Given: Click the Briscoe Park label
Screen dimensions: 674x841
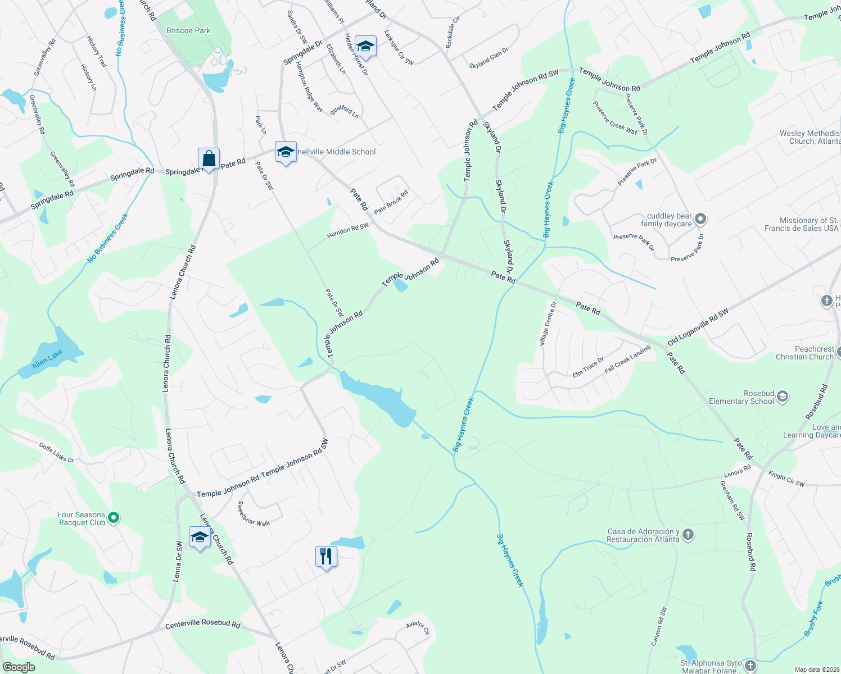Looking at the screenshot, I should click(x=188, y=30).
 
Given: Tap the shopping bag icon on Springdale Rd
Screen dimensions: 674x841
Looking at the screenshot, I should click(x=209, y=158).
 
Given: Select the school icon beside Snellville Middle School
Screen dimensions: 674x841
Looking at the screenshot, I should click(x=286, y=152).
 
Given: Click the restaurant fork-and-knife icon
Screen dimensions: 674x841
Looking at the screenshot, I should click(x=326, y=557).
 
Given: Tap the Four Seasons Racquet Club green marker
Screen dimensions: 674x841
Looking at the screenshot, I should click(x=114, y=517).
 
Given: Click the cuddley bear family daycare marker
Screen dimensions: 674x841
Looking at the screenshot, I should click(x=700, y=219).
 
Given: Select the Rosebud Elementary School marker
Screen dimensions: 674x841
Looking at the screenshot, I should click(x=783, y=397).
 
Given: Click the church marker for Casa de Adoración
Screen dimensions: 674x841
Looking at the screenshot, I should click(x=688, y=535).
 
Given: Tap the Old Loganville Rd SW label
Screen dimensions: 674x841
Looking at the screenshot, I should click(x=698, y=327).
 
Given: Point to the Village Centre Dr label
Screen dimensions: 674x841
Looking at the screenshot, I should click(x=547, y=323).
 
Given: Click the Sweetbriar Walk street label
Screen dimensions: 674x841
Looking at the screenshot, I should click(x=254, y=513).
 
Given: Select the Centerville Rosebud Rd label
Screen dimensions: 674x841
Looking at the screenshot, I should click(x=203, y=625).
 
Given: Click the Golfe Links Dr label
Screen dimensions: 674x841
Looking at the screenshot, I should click(x=56, y=452).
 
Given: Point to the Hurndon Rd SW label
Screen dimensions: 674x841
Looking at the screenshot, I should click(x=348, y=229).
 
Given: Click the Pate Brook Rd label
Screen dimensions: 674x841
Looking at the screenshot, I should click(x=391, y=202).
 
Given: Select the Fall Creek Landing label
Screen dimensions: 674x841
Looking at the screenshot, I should click(x=627, y=359).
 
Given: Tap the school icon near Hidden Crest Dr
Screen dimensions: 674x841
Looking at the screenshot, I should click(x=365, y=47).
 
